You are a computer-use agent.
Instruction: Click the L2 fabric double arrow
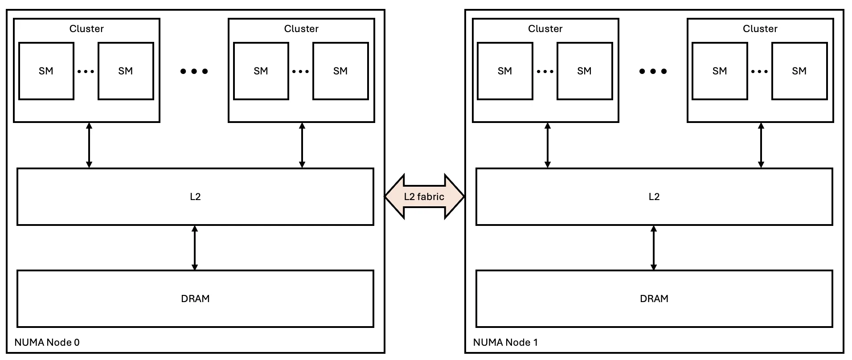424,196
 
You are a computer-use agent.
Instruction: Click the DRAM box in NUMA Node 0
195,299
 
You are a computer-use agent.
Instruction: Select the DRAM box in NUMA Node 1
654,299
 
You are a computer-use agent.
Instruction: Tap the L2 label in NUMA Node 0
195,196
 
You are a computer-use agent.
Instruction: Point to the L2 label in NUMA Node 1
654,196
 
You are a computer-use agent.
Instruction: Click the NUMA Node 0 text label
47,342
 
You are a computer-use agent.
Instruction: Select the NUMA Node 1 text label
505,342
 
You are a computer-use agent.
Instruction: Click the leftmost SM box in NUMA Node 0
46,71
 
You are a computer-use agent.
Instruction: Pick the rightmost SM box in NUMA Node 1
799,71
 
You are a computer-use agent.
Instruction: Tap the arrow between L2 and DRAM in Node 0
194,248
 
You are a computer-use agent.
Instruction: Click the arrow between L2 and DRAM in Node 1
653,248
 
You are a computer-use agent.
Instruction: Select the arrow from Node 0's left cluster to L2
89,145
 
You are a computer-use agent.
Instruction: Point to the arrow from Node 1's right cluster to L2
761,145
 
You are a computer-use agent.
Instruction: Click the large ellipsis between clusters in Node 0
194,71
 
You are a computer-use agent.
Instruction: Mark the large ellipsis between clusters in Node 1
653,71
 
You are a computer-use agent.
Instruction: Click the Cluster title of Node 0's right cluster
301,29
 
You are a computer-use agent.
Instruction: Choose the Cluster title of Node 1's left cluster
545,29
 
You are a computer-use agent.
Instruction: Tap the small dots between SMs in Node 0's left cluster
86,71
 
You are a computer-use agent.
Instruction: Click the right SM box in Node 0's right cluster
340,71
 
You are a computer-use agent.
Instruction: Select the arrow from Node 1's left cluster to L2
547,145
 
